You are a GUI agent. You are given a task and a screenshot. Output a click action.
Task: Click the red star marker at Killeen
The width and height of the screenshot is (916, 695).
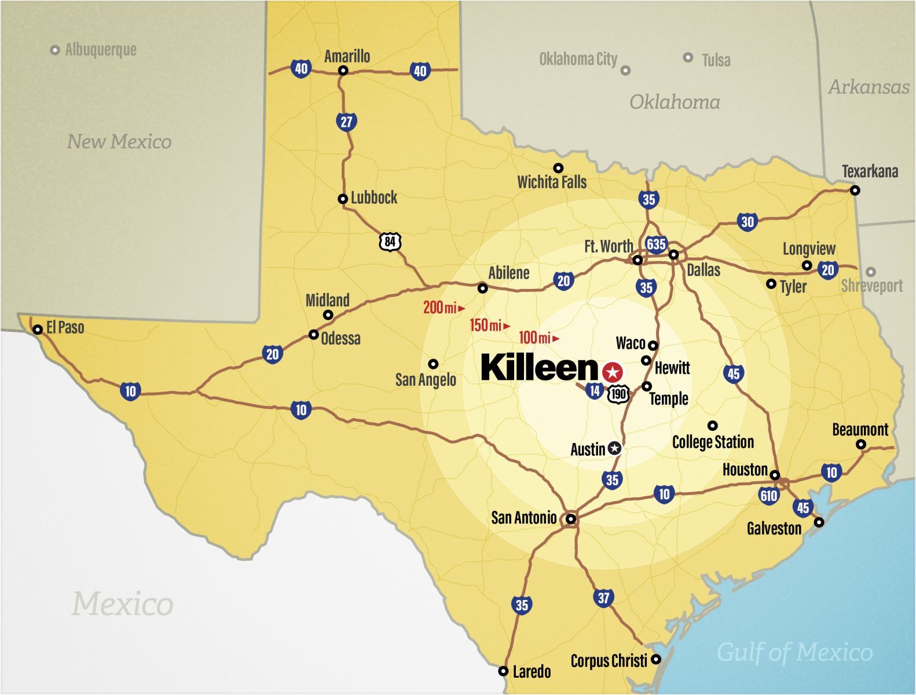tap(612, 372)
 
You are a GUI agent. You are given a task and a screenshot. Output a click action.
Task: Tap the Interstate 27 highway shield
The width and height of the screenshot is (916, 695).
tap(346, 122)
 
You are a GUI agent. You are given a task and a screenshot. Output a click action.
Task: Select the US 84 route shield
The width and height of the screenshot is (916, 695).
tap(390, 241)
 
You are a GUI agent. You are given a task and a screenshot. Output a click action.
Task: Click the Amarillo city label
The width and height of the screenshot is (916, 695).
tap(347, 56)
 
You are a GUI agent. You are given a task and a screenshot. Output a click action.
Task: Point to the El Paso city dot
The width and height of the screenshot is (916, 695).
tap(38, 330)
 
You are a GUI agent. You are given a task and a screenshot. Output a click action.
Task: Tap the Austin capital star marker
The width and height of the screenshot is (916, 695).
tap(614, 448)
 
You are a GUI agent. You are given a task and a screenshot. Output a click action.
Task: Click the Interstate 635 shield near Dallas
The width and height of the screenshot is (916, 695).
tap(656, 244)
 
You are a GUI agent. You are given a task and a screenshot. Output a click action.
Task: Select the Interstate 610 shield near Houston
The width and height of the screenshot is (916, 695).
tap(768, 496)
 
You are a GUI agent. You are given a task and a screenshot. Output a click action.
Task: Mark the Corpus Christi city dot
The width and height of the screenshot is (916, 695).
tap(655, 659)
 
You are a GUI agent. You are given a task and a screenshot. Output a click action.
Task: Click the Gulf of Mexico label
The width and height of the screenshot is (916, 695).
tap(794, 653)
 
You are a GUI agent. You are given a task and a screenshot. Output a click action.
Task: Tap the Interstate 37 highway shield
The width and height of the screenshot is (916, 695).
tap(603, 597)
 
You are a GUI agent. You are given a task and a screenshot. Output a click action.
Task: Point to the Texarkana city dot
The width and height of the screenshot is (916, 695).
tap(855, 190)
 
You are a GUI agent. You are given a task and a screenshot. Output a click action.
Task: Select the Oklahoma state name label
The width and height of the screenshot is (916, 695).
tap(675, 103)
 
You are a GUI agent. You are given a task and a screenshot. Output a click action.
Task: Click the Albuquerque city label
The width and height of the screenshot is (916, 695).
tap(101, 50)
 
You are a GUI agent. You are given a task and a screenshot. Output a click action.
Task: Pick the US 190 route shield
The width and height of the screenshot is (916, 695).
tap(618, 394)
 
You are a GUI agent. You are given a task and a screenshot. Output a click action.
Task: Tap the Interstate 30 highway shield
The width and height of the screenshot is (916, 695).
tap(748, 222)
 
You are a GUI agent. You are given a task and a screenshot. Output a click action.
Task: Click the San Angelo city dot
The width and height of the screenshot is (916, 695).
tap(433, 364)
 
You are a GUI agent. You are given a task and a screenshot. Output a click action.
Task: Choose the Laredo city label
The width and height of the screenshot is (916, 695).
tap(532, 671)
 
